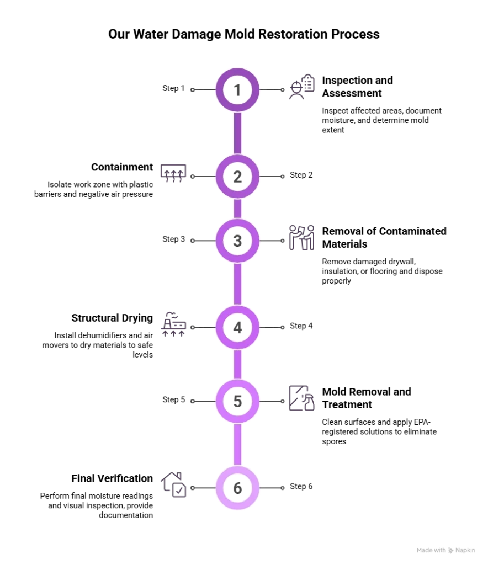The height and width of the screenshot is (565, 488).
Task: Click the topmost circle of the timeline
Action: pos(237,90)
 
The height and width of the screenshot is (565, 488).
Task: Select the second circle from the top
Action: pos(237,177)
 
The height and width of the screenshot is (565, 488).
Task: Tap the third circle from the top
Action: pos(237,241)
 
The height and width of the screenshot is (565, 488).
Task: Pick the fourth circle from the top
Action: pos(237,327)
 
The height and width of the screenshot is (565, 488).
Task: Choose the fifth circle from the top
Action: pos(237,401)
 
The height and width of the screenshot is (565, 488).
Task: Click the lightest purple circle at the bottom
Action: pos(237,488)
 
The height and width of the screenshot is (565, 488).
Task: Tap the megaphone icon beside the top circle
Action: pos(303,86)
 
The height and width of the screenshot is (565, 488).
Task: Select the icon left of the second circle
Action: pos(174,174)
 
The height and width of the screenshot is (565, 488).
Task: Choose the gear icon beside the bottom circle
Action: pos(174,484)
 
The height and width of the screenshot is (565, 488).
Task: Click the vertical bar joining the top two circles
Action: pos(237,133)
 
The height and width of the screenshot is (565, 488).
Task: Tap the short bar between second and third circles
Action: pos(237,209)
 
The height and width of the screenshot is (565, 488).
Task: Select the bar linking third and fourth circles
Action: pos(237,284)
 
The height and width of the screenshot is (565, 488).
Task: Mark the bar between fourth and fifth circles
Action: pos(237,364)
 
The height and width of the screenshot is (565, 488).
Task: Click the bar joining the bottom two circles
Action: pos(237,445)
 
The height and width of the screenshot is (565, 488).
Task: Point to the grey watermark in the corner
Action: pos(445,551)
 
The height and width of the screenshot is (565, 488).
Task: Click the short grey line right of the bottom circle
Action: pos(274,489)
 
